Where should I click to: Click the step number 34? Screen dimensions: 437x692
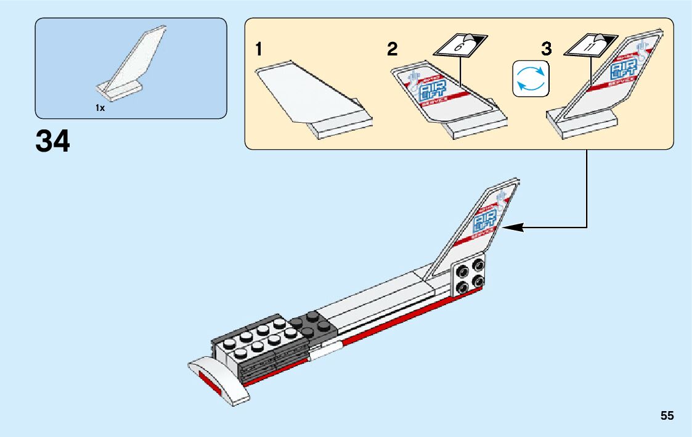(x=53, y=142)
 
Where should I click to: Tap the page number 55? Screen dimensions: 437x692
(x=667, y=415)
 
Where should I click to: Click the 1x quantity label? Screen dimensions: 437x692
(x=100, y=108)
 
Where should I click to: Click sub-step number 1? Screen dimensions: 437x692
(x=261, y=50)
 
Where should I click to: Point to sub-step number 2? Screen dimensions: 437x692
(x=393, y=50)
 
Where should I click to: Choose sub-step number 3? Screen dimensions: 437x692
(x=547, y=49)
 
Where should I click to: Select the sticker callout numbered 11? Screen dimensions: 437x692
(x=590, y=46)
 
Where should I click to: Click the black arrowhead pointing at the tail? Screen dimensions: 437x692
(x=512, y=227)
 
